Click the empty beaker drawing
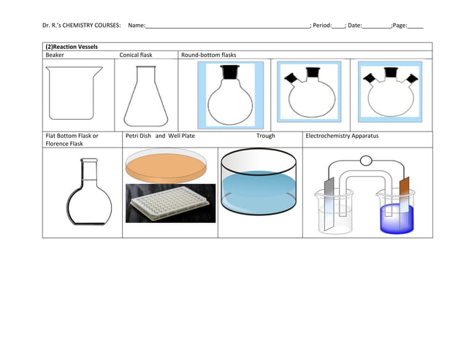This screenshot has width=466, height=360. point(74,93)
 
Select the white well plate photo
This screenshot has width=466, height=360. point(169,202)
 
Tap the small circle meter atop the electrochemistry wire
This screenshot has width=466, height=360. point(366,161)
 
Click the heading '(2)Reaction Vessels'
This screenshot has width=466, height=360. point(72,47)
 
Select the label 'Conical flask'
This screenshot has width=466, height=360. point(137,55)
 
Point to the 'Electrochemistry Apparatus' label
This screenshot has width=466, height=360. point(342,136)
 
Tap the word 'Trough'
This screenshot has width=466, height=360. point(265,136)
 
